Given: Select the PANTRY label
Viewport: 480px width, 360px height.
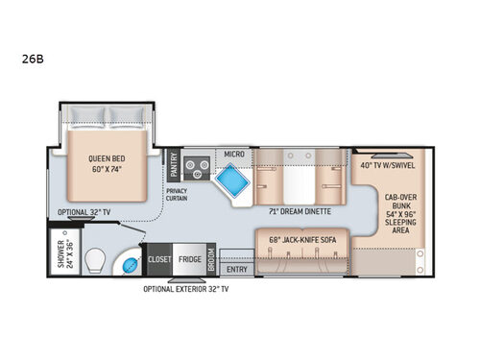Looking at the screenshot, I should pos(173,165).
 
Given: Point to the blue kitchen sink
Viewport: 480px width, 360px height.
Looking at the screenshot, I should pos(231,180).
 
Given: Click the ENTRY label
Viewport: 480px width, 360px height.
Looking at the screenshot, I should pos(235,270).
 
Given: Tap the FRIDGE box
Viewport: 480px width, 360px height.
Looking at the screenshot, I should pos(189,258).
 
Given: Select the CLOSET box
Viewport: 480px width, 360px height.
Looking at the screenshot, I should pos(158,258).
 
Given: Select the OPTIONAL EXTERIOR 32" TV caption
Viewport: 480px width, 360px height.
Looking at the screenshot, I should pos(187,288).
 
